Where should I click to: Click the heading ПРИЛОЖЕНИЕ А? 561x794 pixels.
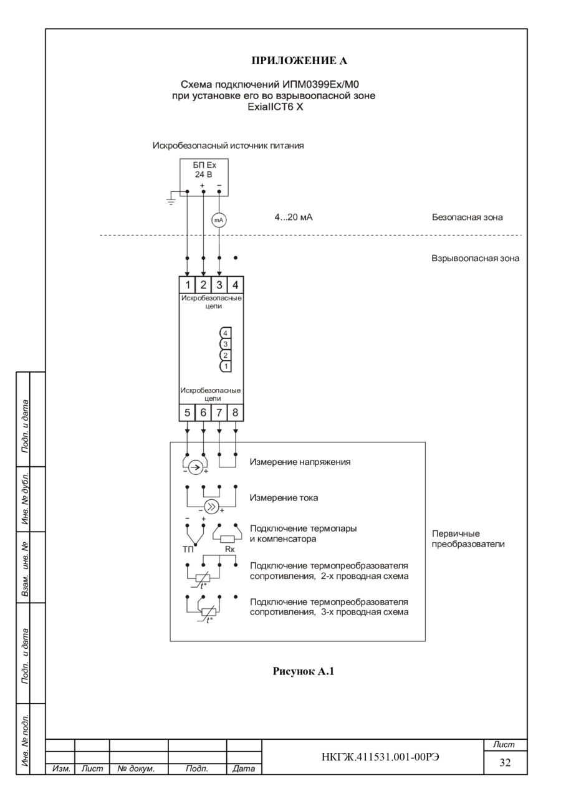pos(299,60)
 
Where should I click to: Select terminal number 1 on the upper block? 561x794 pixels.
pos(188,285)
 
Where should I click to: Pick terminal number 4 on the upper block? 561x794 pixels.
pos(235,285)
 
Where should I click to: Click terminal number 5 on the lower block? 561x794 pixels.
pos(188,412)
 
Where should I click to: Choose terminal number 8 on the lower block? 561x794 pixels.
pos(235,412)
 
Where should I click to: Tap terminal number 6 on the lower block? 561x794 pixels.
pos(203,412)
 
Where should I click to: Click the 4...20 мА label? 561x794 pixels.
pos(294,218)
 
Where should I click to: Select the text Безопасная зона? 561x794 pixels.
pos(467,218)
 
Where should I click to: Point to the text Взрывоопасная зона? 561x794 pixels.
pos(474,257)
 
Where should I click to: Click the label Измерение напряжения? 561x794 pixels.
pos(300,462)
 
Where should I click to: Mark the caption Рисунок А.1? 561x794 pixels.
pos(304,672)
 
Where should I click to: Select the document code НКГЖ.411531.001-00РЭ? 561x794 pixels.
pos(372,757)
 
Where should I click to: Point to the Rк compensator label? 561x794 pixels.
pos(229,548)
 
